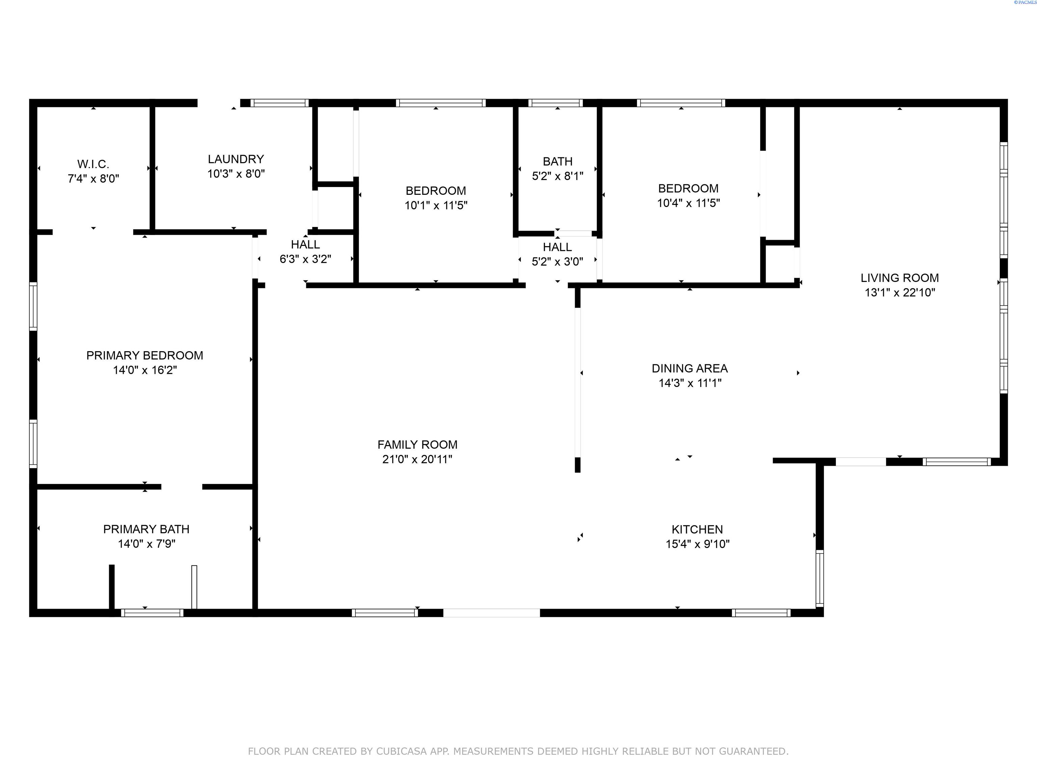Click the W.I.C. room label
(93, 164)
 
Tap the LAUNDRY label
(236, 159)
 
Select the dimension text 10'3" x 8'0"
(236, 174)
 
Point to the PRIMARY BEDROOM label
(145, 356)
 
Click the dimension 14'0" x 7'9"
(146, 544)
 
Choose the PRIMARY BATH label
(146, 529)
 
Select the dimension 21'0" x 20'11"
(417, 459)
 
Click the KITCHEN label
(697, 529)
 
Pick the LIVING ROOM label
(900, 278)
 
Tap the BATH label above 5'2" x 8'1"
(557, 161)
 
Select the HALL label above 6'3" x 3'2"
(305, 244)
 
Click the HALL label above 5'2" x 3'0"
(557, 247)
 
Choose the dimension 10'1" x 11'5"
(436, 205)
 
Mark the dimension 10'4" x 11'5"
(688, 203)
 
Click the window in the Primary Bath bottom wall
(152, 613)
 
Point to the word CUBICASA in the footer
(401, 751)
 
